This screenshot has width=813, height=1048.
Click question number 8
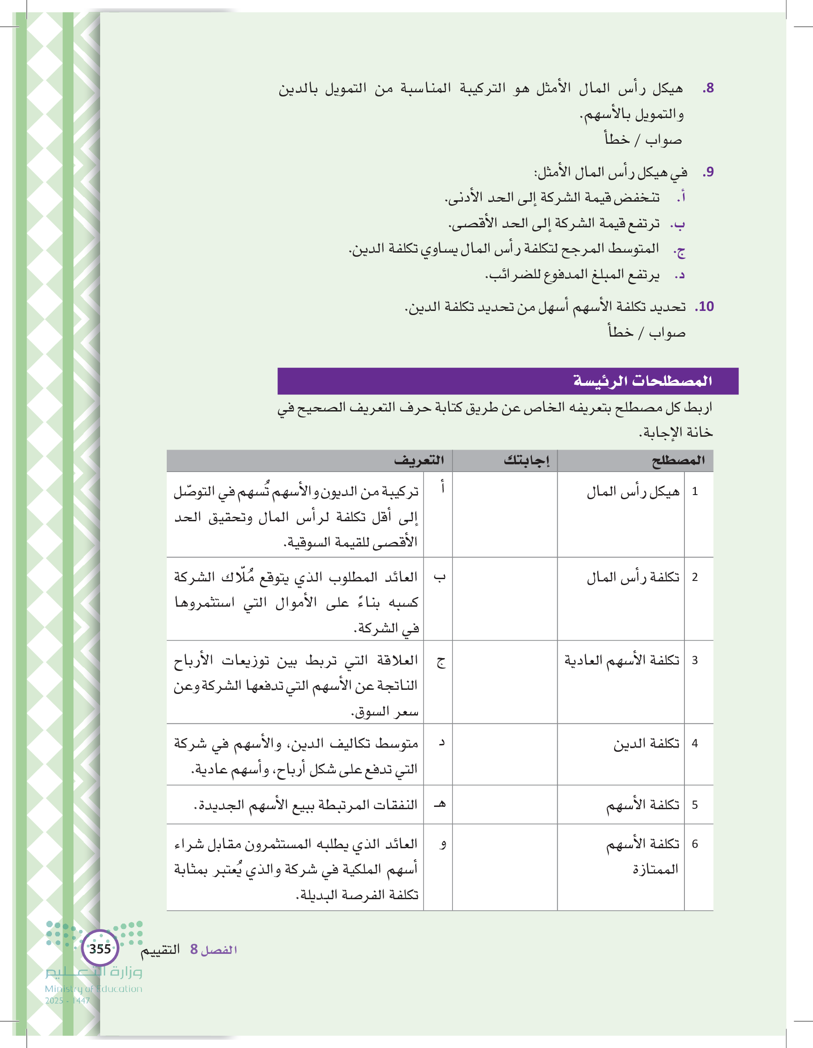click(x=708, y=88)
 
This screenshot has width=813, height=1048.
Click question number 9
click(x=708, y=172)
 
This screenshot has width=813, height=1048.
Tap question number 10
click(x=705, y=306)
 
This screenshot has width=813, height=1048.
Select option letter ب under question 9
click(x=677, y=224)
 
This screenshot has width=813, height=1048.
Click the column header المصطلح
click(x=677, y=461)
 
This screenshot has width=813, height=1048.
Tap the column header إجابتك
click(x=526, y=461)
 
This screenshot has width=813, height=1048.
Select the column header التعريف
click(x=419, y=461)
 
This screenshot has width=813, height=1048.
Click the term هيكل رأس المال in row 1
click(x=633, y=492)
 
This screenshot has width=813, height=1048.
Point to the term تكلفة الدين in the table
click(x=646, y=744)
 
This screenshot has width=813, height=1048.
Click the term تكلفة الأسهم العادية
click(x=622, y=660)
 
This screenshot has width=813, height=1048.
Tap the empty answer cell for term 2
click(x=504, y=598)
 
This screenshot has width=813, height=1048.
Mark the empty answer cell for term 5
click(x=504, y=805)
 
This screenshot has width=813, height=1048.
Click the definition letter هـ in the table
click(x=440, y=804)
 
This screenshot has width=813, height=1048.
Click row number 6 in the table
click(x=694, y=844)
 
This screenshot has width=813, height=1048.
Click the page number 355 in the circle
click(x=100, y=949)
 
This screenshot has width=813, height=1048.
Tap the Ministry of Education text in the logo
click(x=94, y=989)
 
